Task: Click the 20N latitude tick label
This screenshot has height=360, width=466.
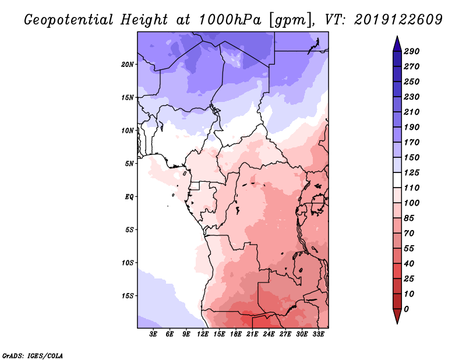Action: [128, 64]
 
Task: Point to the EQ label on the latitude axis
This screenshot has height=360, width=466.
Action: [129, 196]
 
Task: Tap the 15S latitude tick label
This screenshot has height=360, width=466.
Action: [128, 296]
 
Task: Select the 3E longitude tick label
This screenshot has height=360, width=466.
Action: [153, 334]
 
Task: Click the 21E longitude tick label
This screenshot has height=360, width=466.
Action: [252, 334]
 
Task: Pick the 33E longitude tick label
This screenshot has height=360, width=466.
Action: [318, 334]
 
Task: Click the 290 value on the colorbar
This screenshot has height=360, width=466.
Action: [412, 51]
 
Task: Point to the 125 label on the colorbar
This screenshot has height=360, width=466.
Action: [412, 172]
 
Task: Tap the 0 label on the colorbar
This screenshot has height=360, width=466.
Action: [406, 309]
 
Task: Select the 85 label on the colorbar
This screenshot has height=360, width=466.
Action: [409, 218]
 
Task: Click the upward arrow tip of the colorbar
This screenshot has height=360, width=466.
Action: [397, 36]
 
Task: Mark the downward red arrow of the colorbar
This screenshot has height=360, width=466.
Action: [397, 316]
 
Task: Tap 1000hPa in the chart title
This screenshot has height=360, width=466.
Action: [230, 20]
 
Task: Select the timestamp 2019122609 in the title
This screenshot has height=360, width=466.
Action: [398, 20]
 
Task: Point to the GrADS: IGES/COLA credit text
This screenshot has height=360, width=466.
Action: [33, 355]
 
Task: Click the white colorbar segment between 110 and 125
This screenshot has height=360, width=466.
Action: [397, 180]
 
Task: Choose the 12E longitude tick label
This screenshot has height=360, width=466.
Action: [203, 334]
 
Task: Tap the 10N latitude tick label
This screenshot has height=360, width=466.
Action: [128, 130]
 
